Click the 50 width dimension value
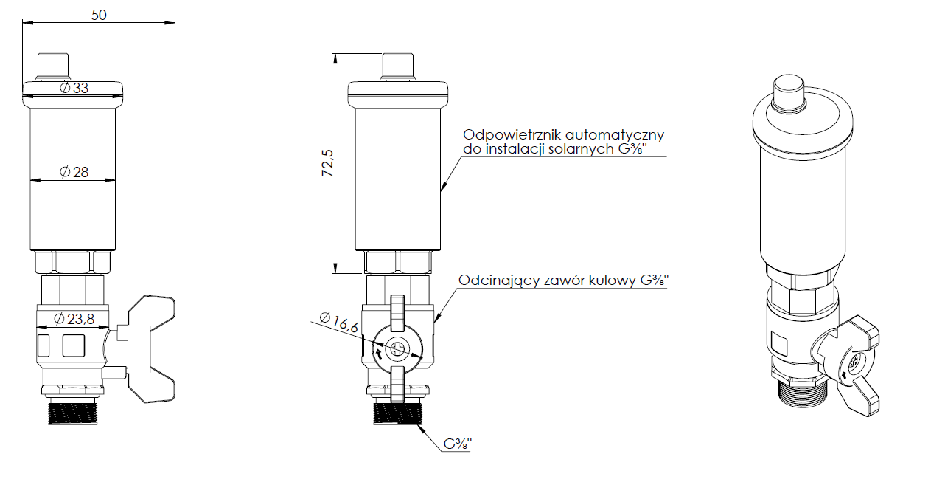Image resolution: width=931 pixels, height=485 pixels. tap(99, 15)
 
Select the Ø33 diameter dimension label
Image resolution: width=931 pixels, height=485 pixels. tap(73, 88)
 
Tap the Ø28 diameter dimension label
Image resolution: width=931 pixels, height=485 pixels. tap(73, 172)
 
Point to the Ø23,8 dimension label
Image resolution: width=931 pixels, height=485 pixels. tap(74, 320)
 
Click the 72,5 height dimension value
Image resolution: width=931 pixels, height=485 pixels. tap(327, 164)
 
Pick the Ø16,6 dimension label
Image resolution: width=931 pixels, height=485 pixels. tap(340, 326)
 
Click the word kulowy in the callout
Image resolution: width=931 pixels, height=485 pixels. tap(611, 281)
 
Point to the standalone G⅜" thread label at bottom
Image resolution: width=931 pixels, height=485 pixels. tap(457, 444)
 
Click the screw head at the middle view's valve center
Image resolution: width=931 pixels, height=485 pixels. tap(398, 348)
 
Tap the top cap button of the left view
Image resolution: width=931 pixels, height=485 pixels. tap(53, 65)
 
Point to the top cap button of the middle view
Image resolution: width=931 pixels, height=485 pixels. tap(398, 65)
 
